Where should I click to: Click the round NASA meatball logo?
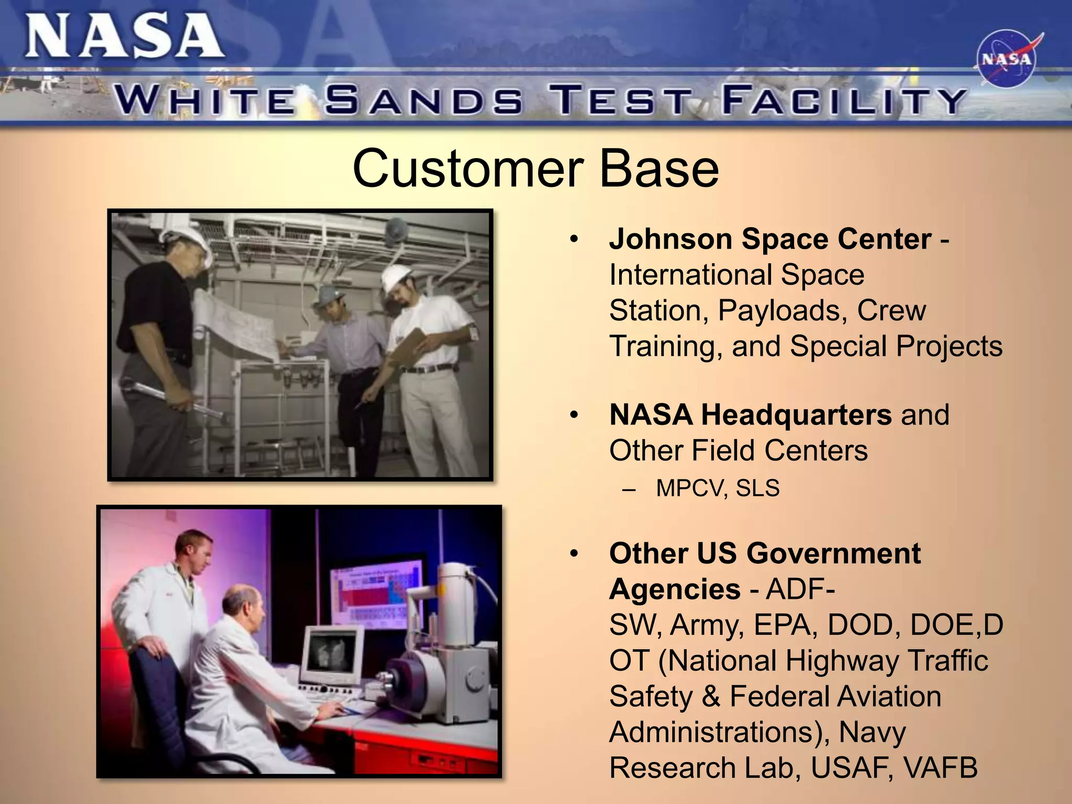pos(1006,59)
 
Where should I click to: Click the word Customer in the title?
pos(467,169)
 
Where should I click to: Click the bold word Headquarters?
pos(796,415)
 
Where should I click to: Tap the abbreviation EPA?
pos(783,625)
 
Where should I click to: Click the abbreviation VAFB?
pos(940,768)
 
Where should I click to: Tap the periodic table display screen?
pos(375,590)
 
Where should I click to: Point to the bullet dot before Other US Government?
pos(574,553)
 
